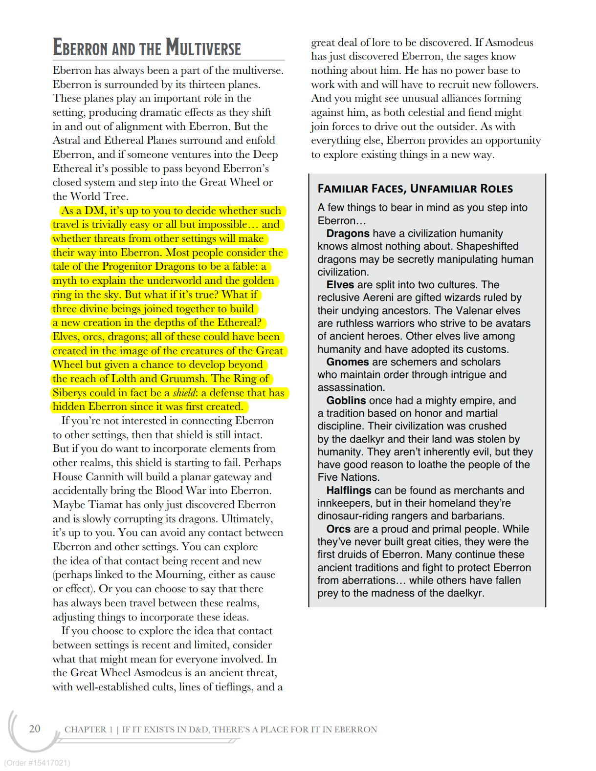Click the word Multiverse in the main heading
[x=203, y=48]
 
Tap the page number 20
[x=35, y=728]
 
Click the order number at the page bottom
[x=37, y=763]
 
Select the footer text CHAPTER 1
[x=85, y=729]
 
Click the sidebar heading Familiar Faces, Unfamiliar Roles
[x=415, y=189]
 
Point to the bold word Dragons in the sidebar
[x=348, y=234]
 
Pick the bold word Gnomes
[x=347, y=362]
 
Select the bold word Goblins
[x=346, y=401]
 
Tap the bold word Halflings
[x=349, y=491]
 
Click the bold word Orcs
[x=338, y=529]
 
